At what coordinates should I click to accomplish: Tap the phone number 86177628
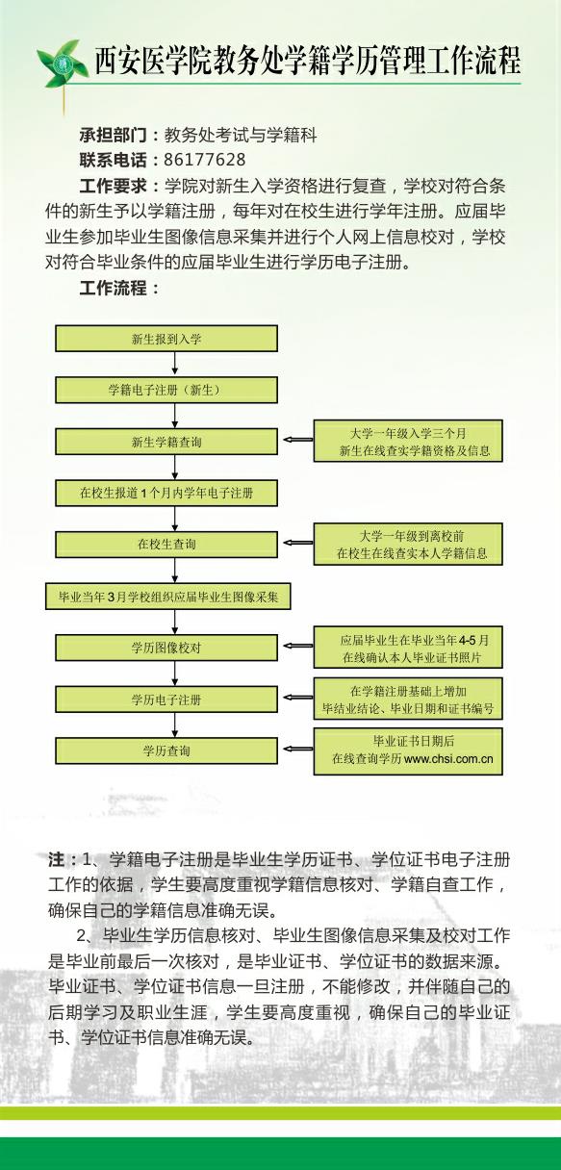point(205,160)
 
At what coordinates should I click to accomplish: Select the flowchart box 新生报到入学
point(166,339)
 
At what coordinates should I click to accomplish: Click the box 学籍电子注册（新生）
point(166,390)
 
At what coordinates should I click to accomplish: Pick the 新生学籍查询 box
point(166,442)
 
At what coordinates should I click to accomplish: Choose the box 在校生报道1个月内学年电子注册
point(166,493)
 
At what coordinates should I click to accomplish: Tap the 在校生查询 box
point(166,545)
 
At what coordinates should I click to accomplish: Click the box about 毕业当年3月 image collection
point(167,597)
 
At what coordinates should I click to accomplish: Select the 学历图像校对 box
point(166,648)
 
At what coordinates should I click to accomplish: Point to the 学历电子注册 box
point(166,699)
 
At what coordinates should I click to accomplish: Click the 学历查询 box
point(166,751)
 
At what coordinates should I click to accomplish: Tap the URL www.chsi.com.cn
point(448,759)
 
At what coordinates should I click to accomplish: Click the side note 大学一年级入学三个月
point(408,441)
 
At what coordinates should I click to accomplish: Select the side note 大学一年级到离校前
point(408,544)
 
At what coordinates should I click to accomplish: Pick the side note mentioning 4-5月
point(408,648)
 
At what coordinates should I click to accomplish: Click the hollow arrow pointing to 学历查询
point(297,750)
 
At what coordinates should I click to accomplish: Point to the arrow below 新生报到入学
point(174,363)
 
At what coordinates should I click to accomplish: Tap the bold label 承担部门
point(114,136)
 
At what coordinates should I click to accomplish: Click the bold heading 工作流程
point(114,288)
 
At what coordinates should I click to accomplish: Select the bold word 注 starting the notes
point(57,859)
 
